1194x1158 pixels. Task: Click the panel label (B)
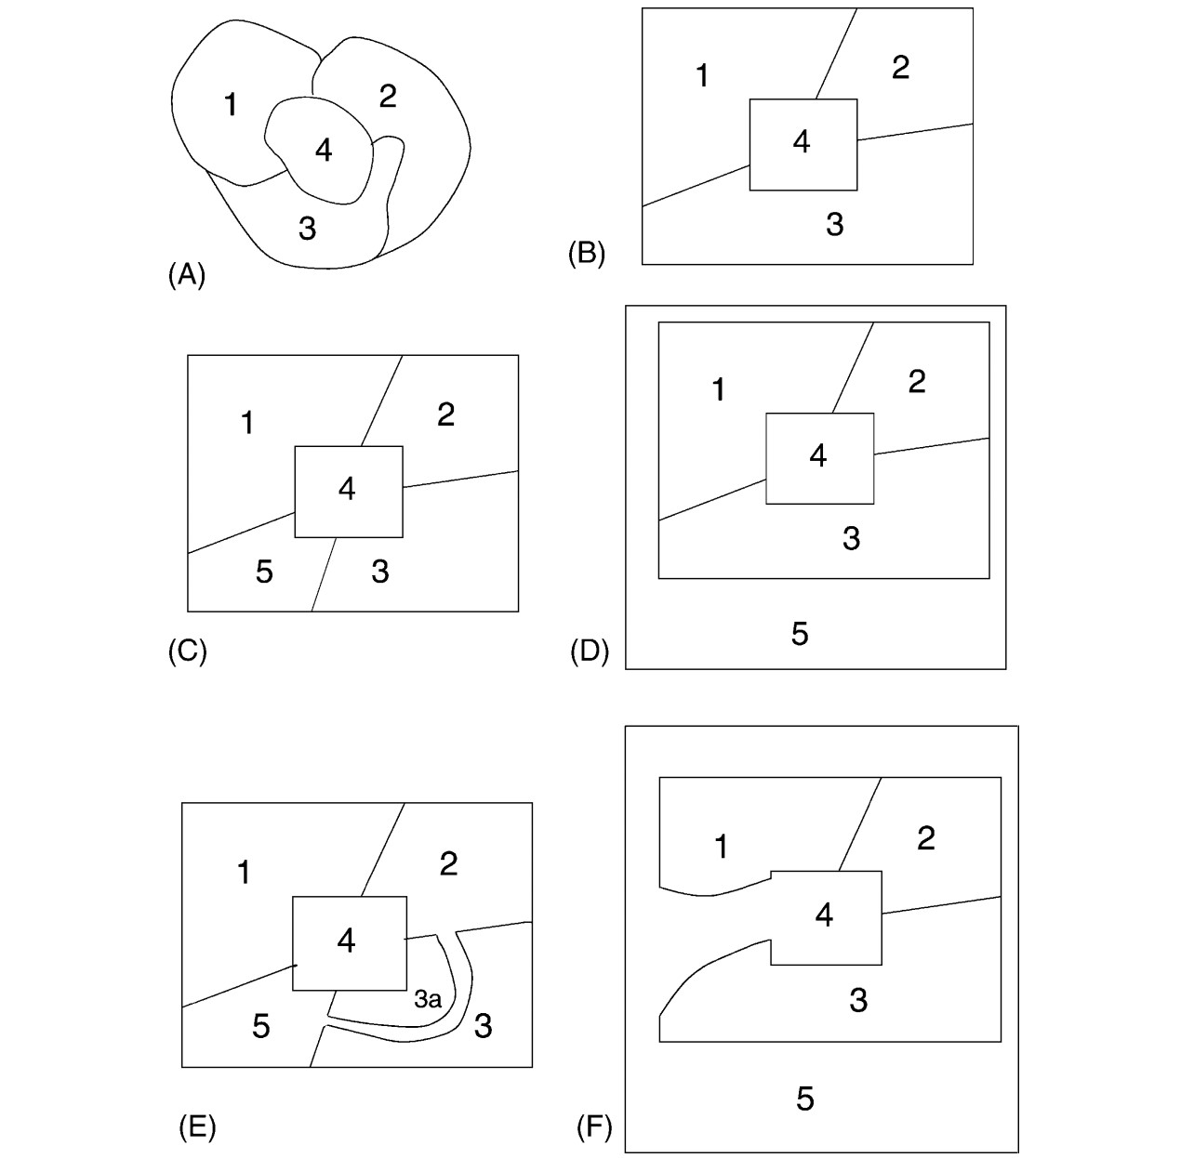[587, 254]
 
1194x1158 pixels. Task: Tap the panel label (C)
[187, 651]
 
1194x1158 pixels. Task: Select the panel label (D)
[589, 651]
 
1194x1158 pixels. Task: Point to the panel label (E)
[196, 1126]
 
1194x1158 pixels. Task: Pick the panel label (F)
[594, 1127]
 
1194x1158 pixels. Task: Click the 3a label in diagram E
[427, 1000]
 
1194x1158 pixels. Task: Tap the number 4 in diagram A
[323, 149]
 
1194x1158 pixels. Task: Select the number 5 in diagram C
[264, 572]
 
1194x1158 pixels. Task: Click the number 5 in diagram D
[800, 634]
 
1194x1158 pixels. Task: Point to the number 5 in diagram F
[805, 1099]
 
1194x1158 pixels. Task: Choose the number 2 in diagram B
[900, 68]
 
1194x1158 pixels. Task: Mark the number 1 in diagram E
[244, 873]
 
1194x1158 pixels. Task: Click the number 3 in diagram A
[307, 228]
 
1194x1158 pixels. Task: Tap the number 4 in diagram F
[824, 915]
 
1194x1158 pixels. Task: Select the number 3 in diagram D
[851, 538]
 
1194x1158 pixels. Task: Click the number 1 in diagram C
[247, 423]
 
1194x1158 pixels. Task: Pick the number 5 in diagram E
[261, 1026]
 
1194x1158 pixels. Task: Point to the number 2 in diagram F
[925, 838]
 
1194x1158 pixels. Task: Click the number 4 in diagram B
[802, 141]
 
